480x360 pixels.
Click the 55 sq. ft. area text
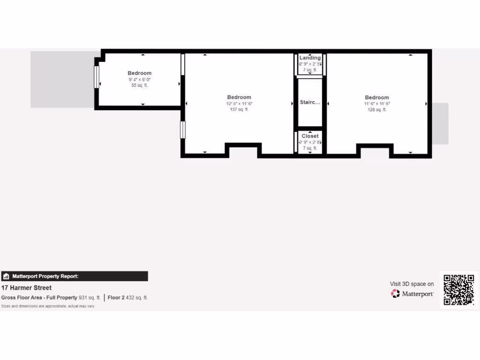point(140,85)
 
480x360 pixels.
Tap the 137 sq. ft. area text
point(239,110)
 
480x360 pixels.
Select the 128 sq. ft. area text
point(377,110)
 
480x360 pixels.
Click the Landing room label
point(310,58)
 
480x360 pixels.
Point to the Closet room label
point(310,136)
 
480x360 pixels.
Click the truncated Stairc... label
point(310,102)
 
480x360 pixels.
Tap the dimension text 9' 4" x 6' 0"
point(140,79)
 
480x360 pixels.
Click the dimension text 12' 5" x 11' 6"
point(239,104)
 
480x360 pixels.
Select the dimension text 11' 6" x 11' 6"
point(377,104)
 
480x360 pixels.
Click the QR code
point(459,290)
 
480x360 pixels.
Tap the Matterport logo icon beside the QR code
point(396,294)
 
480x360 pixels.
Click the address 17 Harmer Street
point(27,288)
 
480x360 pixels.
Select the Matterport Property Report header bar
point(75,276)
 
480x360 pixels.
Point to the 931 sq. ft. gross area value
point(89,298)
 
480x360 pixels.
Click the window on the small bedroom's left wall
point(97,77)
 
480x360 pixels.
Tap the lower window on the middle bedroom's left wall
point(183,130)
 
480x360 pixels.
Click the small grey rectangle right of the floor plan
point(440,123)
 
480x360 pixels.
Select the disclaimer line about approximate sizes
point(48,306)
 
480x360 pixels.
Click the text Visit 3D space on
point(412,284)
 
